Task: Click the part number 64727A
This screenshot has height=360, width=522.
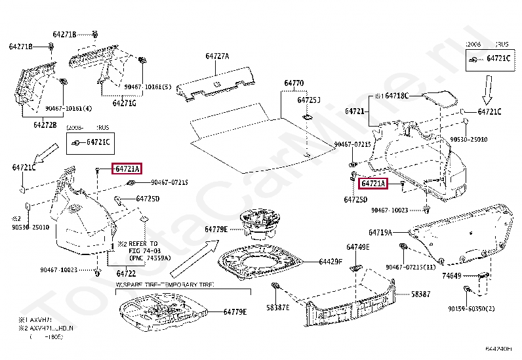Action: click(x=218, y=56)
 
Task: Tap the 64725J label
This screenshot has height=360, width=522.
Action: click(x=308, y=100)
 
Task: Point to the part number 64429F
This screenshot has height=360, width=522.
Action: click(x=331, y=262)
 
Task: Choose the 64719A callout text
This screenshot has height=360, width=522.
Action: click(x=380, y=232)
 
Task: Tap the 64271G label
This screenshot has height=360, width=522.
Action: click(x=124, y=103)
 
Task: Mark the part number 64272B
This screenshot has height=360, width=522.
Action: click(x=45, y=124)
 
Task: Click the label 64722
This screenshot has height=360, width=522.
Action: click(x=126, y=273)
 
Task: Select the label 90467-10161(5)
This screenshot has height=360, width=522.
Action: click(x=148, y=87)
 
